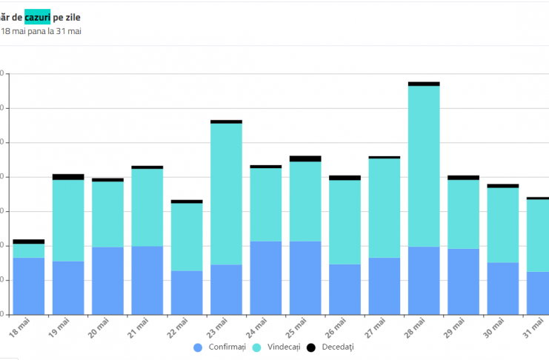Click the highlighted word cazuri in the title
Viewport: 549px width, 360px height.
[38, 16]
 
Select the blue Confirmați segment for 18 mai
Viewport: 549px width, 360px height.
[29, 285]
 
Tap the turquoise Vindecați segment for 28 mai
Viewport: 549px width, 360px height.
[424, 166]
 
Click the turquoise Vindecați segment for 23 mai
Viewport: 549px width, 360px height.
[226, 193]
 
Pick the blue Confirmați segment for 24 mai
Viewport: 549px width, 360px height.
[265, 277]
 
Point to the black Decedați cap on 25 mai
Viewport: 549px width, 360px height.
[305, 159]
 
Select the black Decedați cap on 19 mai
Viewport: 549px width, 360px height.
[68, 177]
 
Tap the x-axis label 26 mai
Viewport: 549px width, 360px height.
[336, 327]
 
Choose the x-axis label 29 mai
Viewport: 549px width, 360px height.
[455, 327]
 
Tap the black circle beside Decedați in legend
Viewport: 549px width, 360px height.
[310, 347]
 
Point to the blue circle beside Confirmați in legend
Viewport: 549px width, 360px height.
[198, 347]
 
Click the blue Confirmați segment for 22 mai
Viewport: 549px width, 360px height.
[187, 292]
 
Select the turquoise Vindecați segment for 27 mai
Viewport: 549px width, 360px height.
[384, 207]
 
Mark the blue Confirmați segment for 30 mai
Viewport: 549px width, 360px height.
[502, 288]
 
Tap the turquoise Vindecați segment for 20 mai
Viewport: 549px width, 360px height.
[107, 214]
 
